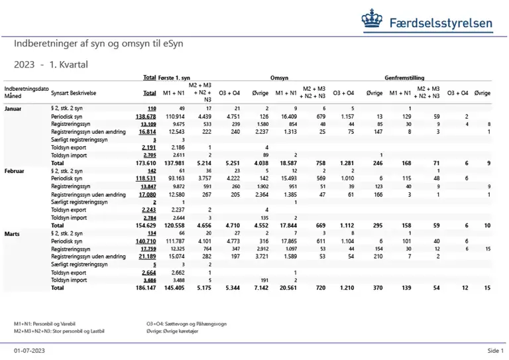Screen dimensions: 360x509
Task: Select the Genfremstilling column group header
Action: (406, 77)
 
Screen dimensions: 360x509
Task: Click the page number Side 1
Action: (495, 350)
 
